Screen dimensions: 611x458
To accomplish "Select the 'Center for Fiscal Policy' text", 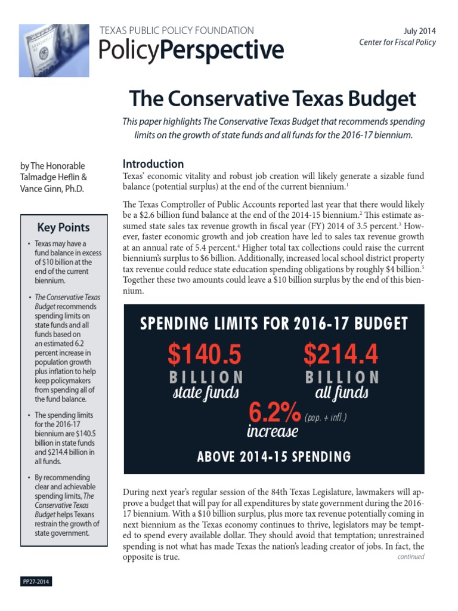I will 397,42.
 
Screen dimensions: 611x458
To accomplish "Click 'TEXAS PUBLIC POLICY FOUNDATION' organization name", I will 177,30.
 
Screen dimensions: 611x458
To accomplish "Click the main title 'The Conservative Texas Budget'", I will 273,98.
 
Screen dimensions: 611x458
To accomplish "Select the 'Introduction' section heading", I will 153,164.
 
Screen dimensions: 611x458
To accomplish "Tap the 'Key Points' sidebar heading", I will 63,227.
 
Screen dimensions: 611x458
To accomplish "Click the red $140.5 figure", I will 205,354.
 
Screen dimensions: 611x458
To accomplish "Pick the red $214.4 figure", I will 341,354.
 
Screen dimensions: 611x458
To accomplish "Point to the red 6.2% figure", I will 274,413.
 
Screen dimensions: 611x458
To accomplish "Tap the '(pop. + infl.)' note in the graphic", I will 326,418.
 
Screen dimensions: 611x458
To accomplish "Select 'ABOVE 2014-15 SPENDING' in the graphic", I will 274,457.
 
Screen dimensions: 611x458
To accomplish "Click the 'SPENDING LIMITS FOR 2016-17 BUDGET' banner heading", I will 274,324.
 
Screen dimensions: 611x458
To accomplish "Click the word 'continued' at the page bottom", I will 411,557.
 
